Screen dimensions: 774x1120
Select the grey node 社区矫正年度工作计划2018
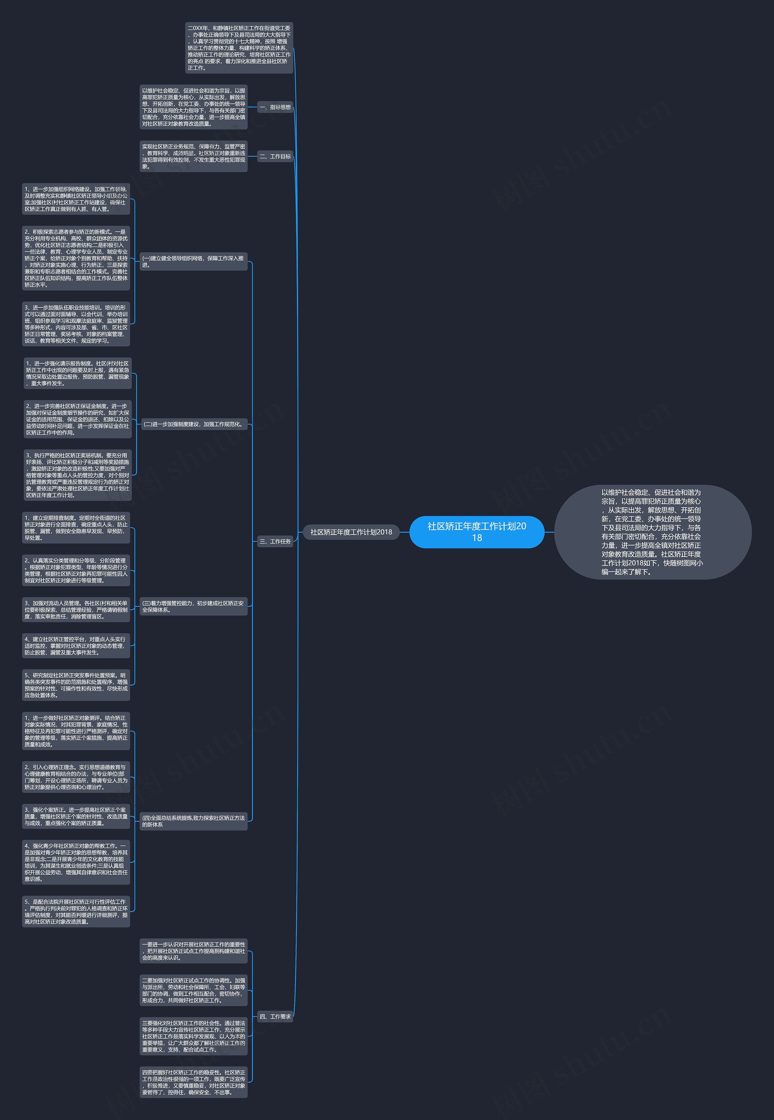click(x=351, y=532)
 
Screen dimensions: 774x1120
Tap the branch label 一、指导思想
click(x=275, y=107)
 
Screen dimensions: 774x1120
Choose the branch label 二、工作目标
click(x=275, y=156)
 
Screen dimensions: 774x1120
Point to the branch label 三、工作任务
click(x=275, y=541)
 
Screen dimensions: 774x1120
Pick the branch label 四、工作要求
click(x=275, y=1016)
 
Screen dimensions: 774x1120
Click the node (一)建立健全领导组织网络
click(x=193, y=262)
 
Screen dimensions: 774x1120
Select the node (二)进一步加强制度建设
click(x=193, y=424)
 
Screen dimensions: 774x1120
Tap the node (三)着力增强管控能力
click(x=193, y=606)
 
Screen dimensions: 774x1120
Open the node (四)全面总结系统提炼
click(x=193, y=821)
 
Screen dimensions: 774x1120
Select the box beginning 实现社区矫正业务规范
click(x=193, y=156)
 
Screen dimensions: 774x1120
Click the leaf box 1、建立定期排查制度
click(x=76, y=528)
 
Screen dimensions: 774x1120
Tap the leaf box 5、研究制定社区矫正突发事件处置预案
click(x=76, y=685)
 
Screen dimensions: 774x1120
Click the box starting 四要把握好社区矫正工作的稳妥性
click(x=193, y=1082)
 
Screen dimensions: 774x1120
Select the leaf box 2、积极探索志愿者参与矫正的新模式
click(x=76, y=258)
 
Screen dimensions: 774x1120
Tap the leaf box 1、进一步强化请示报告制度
click(x=78, y=373)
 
